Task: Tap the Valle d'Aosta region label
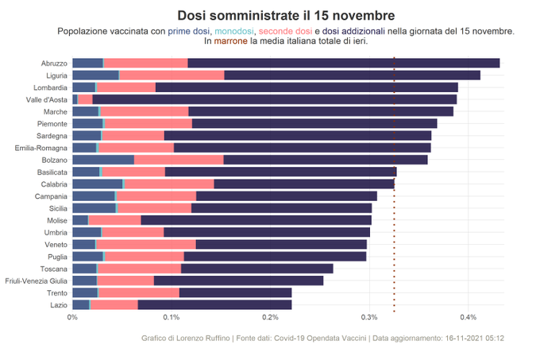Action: [46, 99]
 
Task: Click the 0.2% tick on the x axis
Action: [270, 318]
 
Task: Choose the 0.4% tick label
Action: [468, 318]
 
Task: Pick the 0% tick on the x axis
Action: [72, 318]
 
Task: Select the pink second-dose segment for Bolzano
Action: [179, 160]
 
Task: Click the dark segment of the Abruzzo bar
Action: [343, 63]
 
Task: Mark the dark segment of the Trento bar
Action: [235, 292]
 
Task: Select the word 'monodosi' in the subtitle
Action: [237, 31]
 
